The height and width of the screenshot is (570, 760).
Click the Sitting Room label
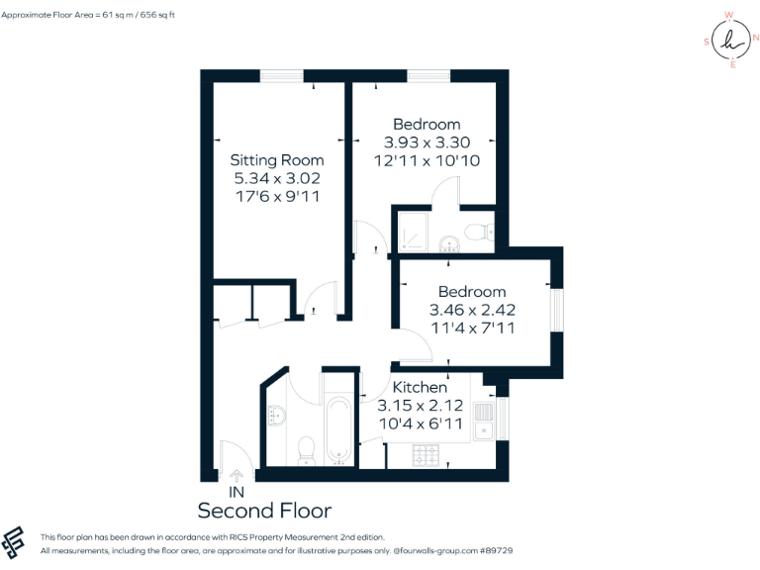tap(276, 159)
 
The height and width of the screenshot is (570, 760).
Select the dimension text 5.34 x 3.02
tap(276, 178)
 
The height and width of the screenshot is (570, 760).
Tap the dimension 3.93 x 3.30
tap(427, 142)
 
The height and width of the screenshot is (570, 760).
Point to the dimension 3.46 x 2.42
tap(472, 310)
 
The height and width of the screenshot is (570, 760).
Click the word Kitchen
tap(420, 387)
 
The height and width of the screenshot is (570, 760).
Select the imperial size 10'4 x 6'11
tap(420, 424)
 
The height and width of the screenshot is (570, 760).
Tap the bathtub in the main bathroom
tap(337, 428)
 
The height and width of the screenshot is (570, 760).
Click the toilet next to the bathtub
tap(306, 448)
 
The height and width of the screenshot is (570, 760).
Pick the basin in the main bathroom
tap(276, 415)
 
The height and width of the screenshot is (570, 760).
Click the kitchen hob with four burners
tap(426, 454)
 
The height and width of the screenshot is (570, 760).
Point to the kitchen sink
tap(483, 420)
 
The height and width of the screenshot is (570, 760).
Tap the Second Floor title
tap(264, 511)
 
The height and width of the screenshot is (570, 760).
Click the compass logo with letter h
tap(731, 40)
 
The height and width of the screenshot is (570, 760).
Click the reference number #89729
tap(522, 548)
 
